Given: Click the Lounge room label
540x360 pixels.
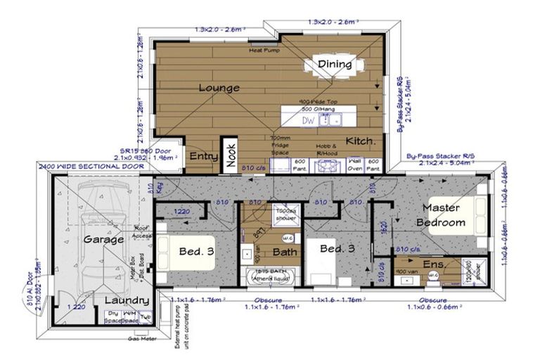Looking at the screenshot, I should [219, 89].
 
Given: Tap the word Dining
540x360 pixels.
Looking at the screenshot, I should [334, 65].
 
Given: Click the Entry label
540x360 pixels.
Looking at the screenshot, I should [203, 156].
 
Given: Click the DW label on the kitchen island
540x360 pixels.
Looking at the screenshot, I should [309, 120].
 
